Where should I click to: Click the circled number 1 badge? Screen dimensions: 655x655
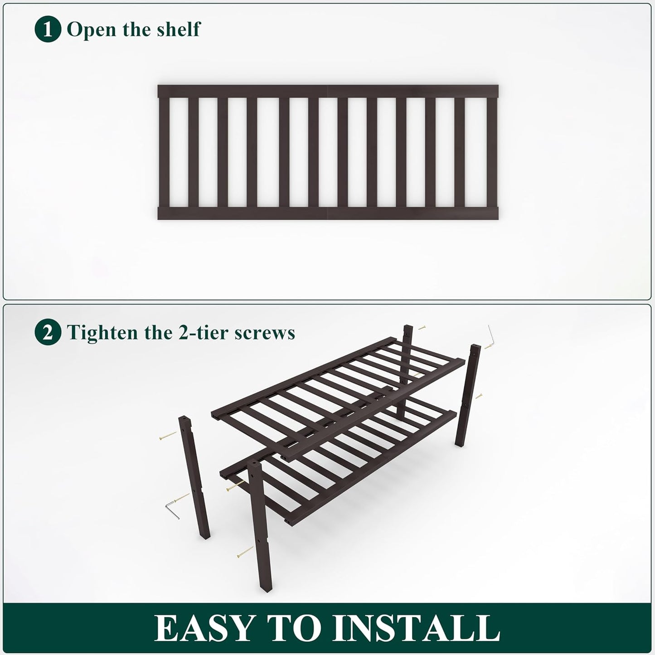pyautogui.click(x=48, y=30)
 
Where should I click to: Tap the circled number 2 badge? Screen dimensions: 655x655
pyautogui.click(x=48, y=333)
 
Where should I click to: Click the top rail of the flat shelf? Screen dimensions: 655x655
pyautogui.click(x=328, y=91)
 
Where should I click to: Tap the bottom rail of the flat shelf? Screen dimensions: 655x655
pyautogui.click(x=328, y=213)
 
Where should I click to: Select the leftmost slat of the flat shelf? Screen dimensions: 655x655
pyautogui.click(x=164, y=152)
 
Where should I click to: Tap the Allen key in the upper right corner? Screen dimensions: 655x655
pyautogui.click(x=492, y=335)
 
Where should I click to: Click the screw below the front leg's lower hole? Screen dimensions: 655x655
pyautogui.click(x=245, y=551)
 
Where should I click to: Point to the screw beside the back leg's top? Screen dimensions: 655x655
pyautogui.click(x=422, y=327)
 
